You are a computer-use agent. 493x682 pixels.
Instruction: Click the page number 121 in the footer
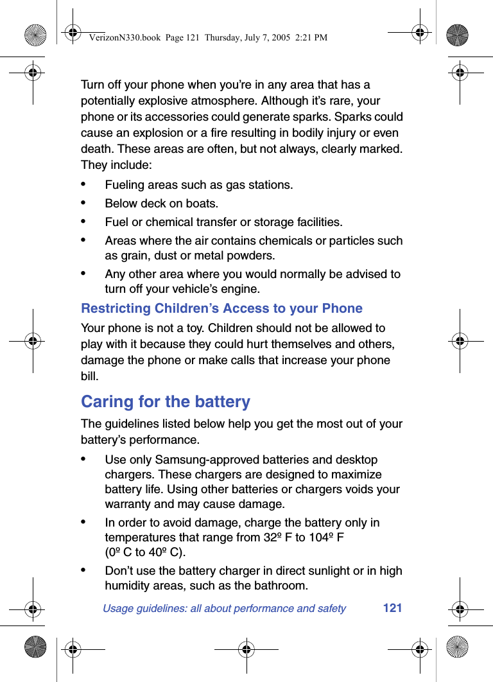pyautogui.click(x=392, y=608)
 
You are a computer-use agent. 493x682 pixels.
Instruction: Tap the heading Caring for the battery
pyautogui.click(x=166, y=401)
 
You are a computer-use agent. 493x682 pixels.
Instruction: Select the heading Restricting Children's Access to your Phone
pyautogui.click(x=221, y=308)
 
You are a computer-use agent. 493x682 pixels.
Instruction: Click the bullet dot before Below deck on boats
pyautogui.click(x=83, y=202)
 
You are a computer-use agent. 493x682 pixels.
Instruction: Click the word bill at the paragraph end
pyautogui.click(x=89, y=376)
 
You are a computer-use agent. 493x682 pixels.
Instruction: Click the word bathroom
pyautogui.click(x=281, y=586)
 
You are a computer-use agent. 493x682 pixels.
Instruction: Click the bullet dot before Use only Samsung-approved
pyautogui.click(x=83, y=459)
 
